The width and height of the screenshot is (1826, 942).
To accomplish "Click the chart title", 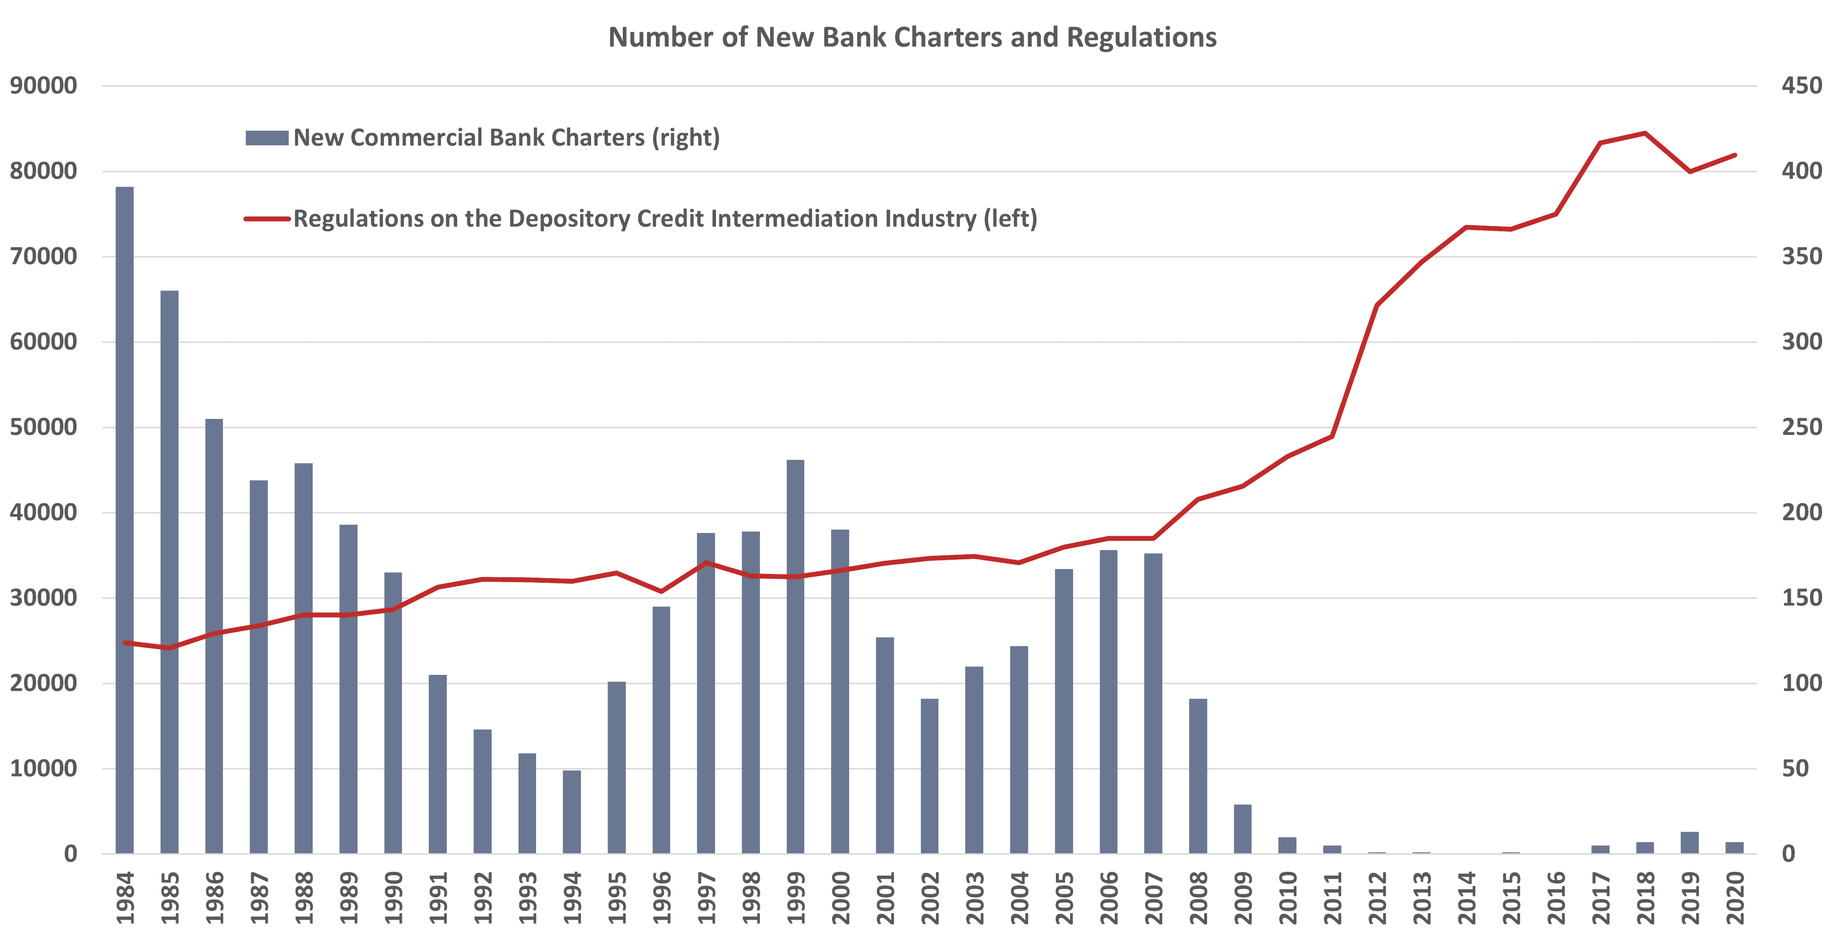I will (x=913, y=38).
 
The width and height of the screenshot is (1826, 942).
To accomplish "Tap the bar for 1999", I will (x=795, y=656).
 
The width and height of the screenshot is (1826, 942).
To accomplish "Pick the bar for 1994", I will (x=572, y=812).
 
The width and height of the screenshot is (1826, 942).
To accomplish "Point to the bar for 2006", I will (x=1109, y=701).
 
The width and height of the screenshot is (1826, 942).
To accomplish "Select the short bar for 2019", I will (x=1690, y=843).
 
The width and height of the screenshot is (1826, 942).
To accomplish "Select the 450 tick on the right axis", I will (x=1801, y=86).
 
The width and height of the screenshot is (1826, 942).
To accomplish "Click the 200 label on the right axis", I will (x=1801, y=512).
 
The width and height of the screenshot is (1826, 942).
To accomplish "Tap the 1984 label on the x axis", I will (x=125, y=898).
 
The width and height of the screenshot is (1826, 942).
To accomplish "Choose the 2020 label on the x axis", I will (x=1735, y=898).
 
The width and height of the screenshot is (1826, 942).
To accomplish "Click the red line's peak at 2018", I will (x=1645, y=133).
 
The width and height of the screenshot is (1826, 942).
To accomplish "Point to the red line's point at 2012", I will (x=1377, y=306).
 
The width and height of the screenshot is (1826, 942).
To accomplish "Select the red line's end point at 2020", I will (x=1735, y=155).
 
